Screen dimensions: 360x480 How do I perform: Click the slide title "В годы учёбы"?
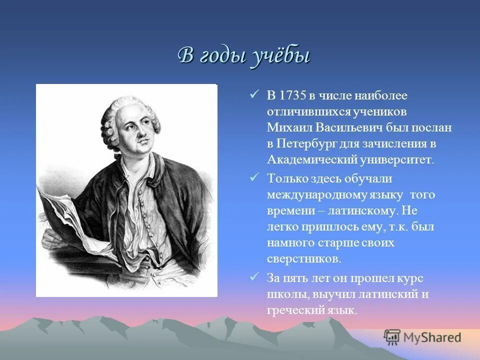click(244, 55)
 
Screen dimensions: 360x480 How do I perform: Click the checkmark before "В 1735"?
click(254, 94)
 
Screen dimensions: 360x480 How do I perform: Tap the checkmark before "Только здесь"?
click(254, 177)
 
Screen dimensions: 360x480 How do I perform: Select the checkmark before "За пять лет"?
click(254, 277)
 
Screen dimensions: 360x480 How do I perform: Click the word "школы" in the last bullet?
click(283, 294)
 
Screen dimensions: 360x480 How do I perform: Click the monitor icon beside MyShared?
click(392, 337)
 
